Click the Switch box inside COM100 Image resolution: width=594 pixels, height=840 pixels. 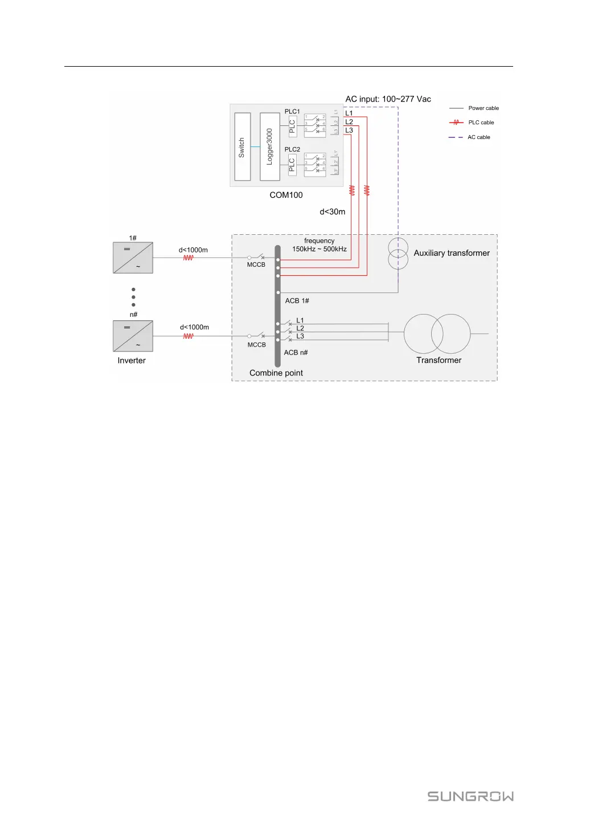(x=243, y=147)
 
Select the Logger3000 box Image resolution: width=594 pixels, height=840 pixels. (x=269, y=147)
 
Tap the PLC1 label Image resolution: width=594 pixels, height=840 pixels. (x=292, y=112)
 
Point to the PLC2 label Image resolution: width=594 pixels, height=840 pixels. (x=292, y=149)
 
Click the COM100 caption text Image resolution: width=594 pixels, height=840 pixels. (x=286, y=195)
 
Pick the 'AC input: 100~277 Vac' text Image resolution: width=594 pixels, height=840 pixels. (x=388, y=99)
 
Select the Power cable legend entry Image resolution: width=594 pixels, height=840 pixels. (x=483, y=108)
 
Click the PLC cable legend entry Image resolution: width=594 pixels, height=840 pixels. (x=481, y=123)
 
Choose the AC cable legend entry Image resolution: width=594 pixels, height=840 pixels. (x=478, y=137)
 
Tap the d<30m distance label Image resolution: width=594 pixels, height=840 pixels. (x=332, y=212)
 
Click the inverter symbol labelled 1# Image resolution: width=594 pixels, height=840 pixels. (x=133, y=258)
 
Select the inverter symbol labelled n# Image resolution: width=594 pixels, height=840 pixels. (x=133, y=336)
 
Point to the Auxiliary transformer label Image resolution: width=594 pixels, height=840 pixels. (x=452, y=253)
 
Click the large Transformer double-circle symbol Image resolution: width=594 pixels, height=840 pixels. (x=437, y=334)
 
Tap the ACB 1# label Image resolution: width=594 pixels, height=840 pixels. (x=297, y=301)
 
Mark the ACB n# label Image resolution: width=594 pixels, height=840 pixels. (x=296, y=353)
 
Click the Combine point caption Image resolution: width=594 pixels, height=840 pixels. (x=276, y=373)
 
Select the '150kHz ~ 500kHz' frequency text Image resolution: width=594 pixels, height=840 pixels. (x=319, y=249)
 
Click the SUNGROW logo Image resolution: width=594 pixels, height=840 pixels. (x=470, y=796)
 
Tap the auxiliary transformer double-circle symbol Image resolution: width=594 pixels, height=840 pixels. (x=398, y=254)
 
